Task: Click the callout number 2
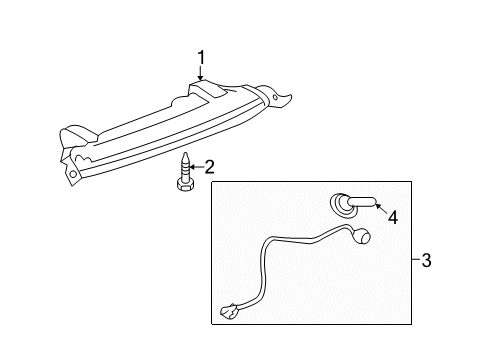(x=211, y=165)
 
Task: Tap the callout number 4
(x=393, y=215)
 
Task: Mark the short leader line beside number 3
(x=414, y=262)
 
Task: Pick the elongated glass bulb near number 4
(x=361, y=203)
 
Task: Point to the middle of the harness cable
(x=290, y=252)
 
